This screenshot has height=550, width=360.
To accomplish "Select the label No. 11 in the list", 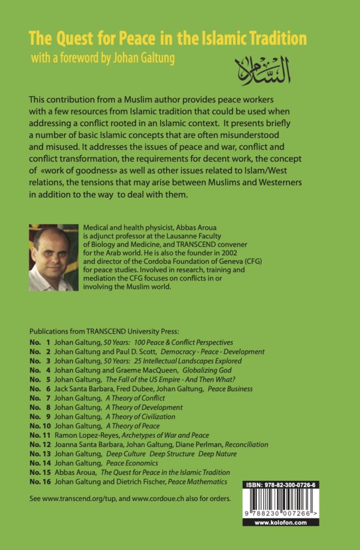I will click(39, 435).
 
